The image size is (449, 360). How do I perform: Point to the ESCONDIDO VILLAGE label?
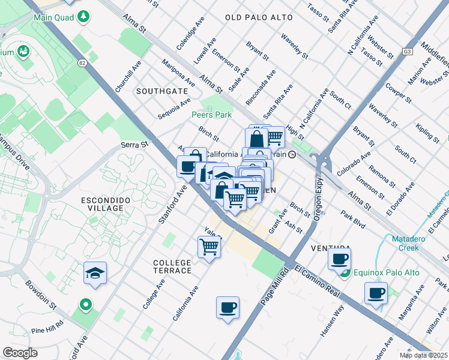pyautogui.click(x=106, y=203)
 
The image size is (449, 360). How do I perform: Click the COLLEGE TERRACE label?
pyautogui.click(x=172, y=266)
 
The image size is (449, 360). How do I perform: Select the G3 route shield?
pyautogui.click(x=408, y=52)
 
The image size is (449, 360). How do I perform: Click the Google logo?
pyautogui.click(x=20, y=353)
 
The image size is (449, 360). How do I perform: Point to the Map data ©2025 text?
pyautogui.click(x=423, y=356)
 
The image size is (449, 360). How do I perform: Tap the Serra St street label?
pyautogui.click(x=134, y=145)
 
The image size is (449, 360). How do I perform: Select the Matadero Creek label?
pyautogui.click(x=412, y=243)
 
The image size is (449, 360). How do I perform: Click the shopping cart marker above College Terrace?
pyautogui.click(x=209, y=246)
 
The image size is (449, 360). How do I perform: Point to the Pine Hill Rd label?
pyautogui.click(x=47, y=330)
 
